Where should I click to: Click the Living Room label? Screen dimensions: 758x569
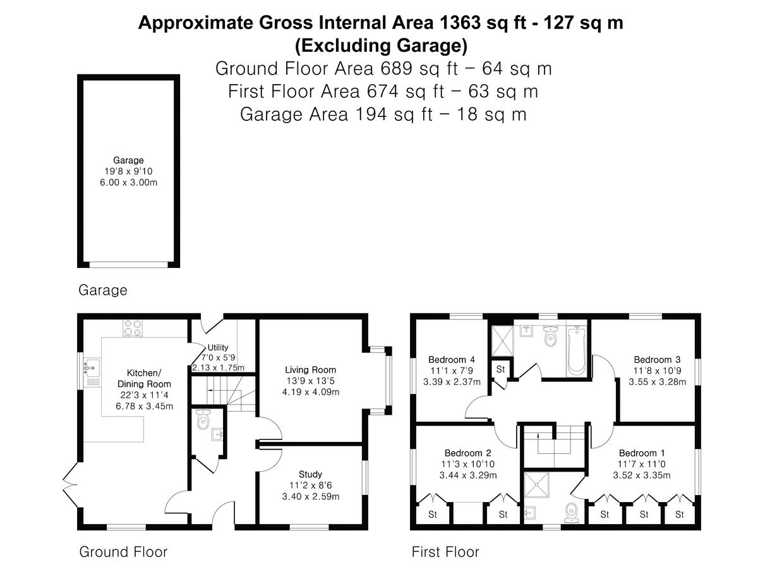click(310, 370)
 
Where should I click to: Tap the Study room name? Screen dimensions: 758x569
click(310, 474)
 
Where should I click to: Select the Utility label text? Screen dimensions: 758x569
click(217, 347)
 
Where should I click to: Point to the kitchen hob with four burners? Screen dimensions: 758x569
click(133, 328)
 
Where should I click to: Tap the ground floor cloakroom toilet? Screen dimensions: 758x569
click(203, 419)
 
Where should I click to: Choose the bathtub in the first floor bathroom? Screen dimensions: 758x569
click(576, 352)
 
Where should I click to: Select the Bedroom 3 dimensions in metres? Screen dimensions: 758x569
click(657, 382)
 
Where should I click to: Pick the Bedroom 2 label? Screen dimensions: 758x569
click(467, 453)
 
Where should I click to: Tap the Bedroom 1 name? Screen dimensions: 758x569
click(642, 453)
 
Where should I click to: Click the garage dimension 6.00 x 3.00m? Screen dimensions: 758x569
click(128, 183)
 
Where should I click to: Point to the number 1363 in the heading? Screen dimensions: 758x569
click(460, 23)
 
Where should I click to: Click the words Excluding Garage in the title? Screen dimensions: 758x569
click(381, 46)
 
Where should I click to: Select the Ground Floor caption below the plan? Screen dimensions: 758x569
click(123, 552)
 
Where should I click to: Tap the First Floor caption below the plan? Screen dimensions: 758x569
click(445, 552)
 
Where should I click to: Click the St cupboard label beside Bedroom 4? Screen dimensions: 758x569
click(500, 369)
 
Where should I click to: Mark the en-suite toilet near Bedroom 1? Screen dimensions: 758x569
click(572, 514)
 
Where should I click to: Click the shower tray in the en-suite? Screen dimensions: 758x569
click(537, 485)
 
